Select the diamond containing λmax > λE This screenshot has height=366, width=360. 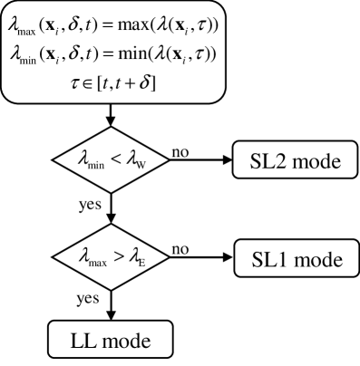coord(112,257)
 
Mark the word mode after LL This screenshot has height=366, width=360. coord(122,342)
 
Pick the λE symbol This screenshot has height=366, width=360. coord(136,258)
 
